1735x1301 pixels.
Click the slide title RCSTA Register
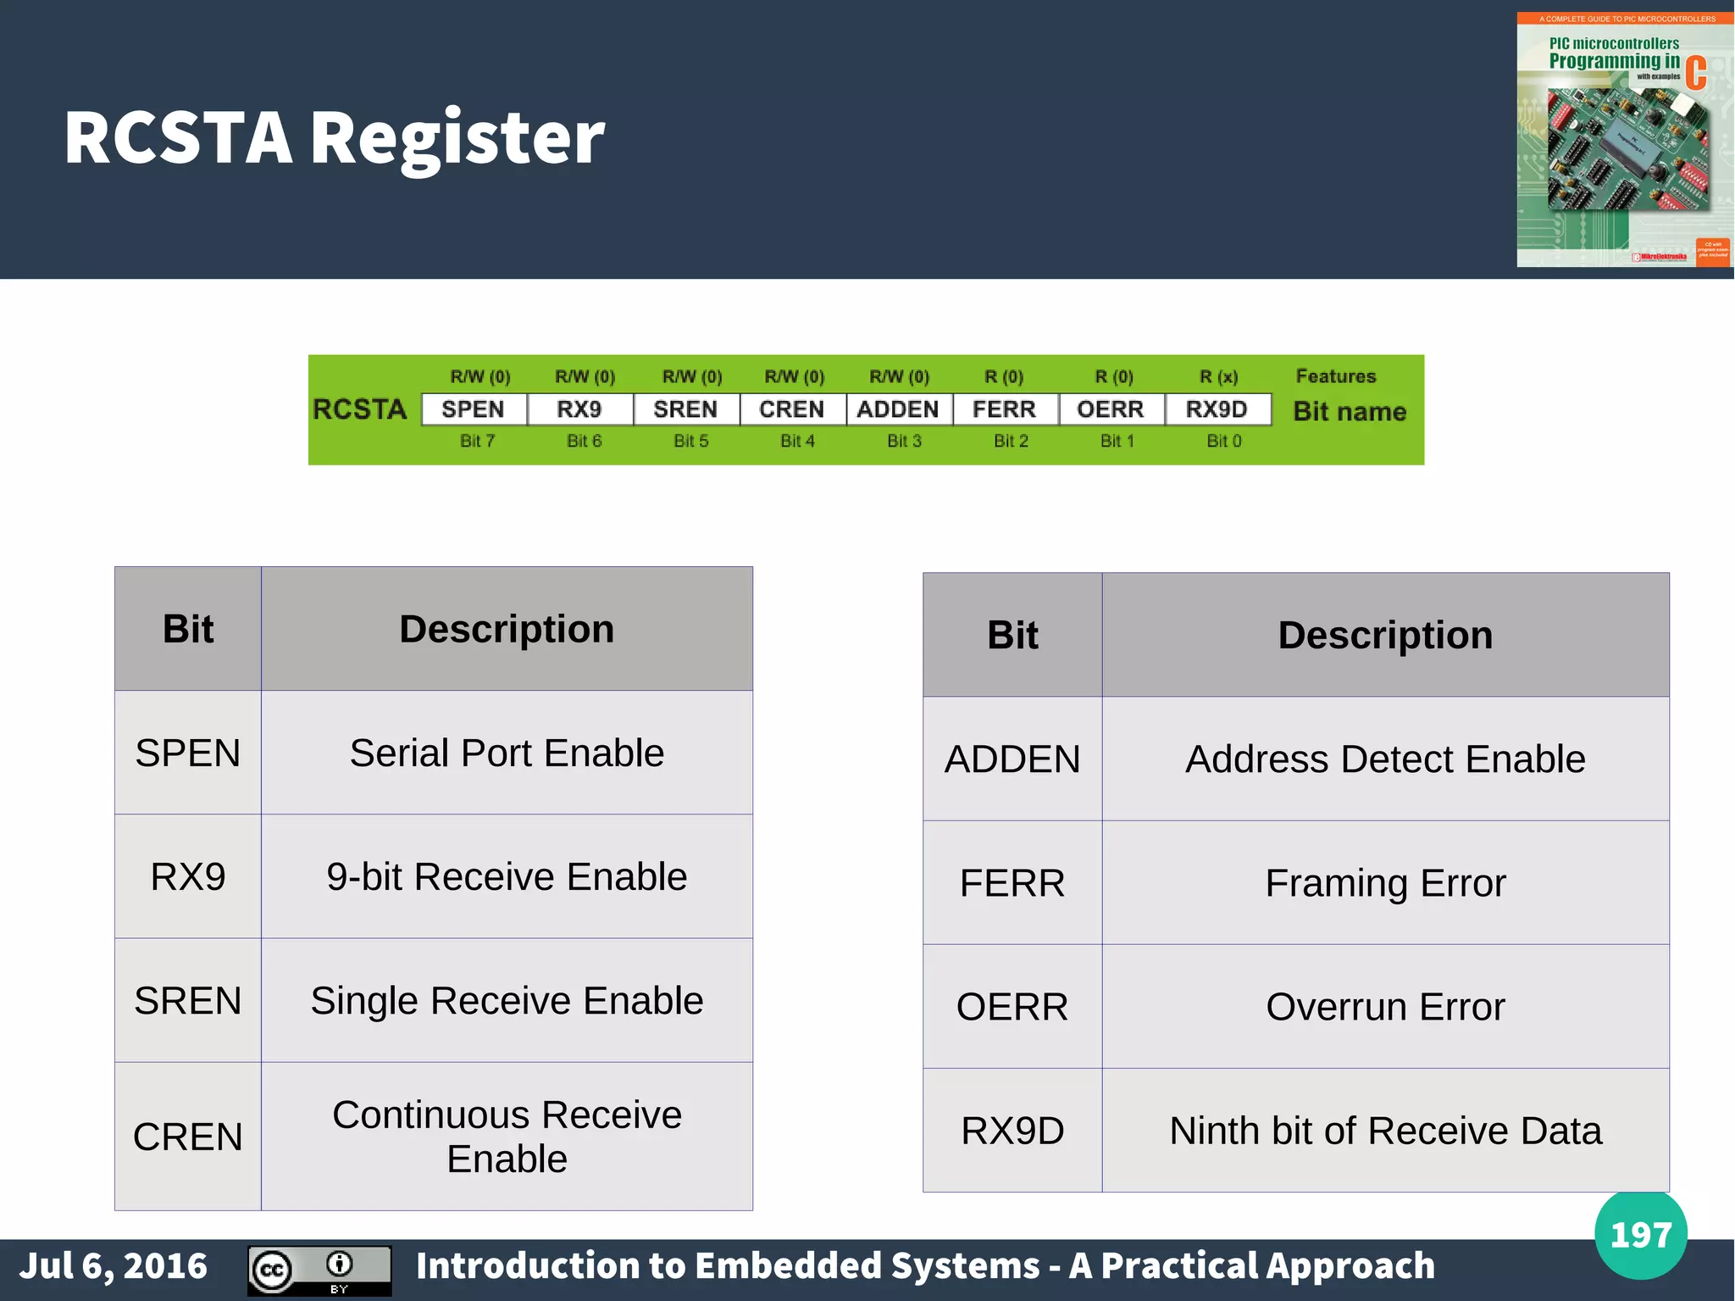[334, 137]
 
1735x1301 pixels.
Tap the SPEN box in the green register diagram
[474, 409]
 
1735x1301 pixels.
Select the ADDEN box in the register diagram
[898, 409]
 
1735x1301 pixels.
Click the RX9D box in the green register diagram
[1217, 409]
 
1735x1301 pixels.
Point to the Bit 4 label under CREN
[797, 441]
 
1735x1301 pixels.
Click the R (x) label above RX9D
[1218, 376]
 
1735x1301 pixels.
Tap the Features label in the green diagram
[1335, 376]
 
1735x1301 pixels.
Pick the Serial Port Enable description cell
[507, 753]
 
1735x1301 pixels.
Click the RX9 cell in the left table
[188, 876]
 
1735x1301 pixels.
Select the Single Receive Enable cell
[507, 1000]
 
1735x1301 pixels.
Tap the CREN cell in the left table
[188, 1137]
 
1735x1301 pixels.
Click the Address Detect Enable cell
[1385, 759]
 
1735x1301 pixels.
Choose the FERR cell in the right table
[1012, 883]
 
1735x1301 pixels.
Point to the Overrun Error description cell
[1385, 1007]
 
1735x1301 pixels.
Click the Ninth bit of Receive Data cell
[1385, 1131]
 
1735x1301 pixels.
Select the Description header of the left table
[507, 629]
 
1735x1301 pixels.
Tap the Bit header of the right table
[1012, 635]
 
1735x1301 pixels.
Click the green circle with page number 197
[1640, 1235]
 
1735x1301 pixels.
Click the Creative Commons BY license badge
[319, 1270]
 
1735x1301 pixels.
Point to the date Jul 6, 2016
[114, 1266]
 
